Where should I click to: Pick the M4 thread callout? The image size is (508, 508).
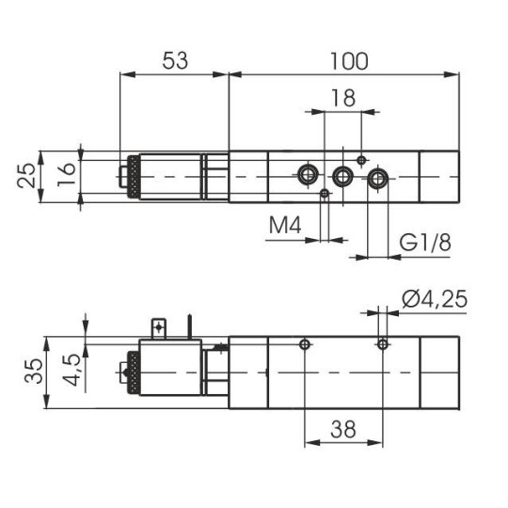(x=288, y=226)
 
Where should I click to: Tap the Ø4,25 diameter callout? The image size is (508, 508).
(x=434, y=300)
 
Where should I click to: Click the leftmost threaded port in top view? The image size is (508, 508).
(x=307, y=174)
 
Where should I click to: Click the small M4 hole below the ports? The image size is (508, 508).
(x=325, y=194)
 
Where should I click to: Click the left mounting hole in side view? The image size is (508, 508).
(x=304, y=345)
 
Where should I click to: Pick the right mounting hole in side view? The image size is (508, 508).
(x=381, y=345)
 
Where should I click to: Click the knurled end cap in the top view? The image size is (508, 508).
(x=135, y=175)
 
